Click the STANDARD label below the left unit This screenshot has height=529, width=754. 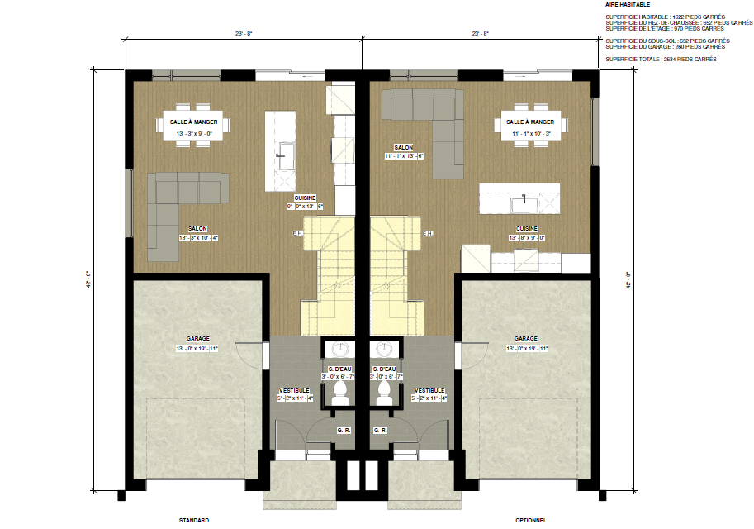click(193, 521)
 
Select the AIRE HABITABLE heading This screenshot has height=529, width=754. click(627, 5)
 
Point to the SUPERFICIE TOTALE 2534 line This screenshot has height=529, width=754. click(661, 60)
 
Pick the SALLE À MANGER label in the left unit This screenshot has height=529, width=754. click(194, 122)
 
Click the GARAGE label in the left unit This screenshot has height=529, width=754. click(197, 339)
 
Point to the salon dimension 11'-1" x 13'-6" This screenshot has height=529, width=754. click(404, 155)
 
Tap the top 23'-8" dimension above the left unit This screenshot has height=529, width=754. click(243, 34)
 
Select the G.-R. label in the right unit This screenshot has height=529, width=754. click(382, 430)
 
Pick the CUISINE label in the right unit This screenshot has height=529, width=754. click(527, 228)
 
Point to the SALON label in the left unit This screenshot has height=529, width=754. click(197, 229)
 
